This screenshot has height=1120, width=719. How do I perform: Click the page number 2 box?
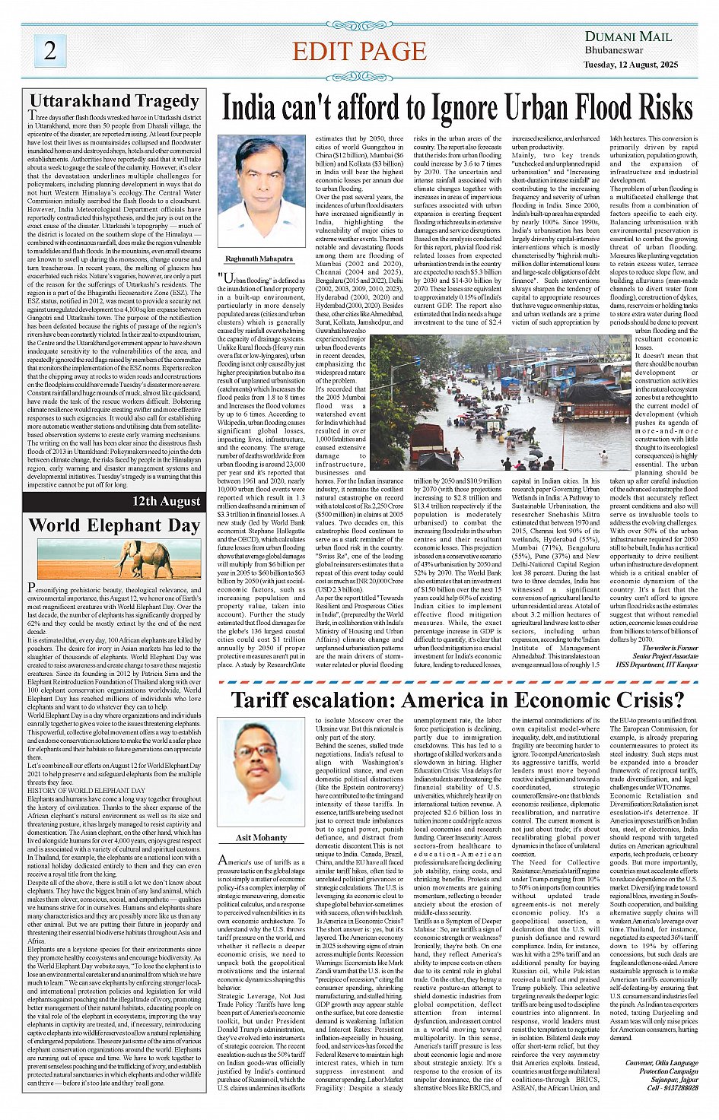tap(49, 50)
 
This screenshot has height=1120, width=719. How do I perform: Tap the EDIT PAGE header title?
tap(359, 51)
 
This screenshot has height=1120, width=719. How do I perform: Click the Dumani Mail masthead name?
tap(628, 36)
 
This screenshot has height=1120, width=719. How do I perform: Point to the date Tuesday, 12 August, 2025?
tap(631, 65)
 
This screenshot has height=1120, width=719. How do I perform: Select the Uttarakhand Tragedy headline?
tap(114, 101)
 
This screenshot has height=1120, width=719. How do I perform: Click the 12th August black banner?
tap(166, 501)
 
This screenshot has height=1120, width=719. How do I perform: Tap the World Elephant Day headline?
tap(114, 525)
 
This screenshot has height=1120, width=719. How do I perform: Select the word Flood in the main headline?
tap(578, 108)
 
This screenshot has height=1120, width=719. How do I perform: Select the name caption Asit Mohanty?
tap(261, 838)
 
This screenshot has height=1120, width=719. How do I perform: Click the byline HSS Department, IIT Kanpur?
tap(657, 664)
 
